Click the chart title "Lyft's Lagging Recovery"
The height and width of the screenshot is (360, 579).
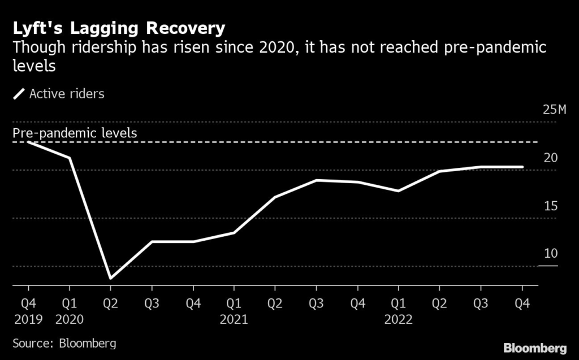(x=119, y=28)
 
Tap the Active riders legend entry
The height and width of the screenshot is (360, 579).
(x=59, y=94)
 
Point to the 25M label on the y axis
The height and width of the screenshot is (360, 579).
(x=554, y=110)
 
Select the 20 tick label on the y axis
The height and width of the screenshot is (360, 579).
(x=550, y=158)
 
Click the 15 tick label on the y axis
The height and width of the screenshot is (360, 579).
(x=550, y=206)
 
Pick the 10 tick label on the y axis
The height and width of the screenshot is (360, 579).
(x=550, y=253)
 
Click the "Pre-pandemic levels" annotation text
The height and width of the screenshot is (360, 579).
(x=75, y=133)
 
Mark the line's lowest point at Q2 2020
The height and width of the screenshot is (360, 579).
(x=110, y=278)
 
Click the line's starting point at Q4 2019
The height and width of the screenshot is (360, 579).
(x=28, y=142)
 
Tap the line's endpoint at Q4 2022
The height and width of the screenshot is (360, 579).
(x=522, y=167)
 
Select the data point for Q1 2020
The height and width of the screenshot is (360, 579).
(x=70, y=158)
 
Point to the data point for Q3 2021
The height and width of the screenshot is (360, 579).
(x=316, y=180)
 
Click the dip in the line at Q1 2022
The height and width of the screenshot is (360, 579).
(x=399, y=191)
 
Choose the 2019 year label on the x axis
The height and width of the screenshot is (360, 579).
(x=28, y=319)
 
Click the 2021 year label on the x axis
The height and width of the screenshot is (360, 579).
(x=234, y=319)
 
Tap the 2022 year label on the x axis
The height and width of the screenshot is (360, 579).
(x=399, y=319)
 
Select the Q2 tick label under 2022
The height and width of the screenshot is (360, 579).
(x=439, y=303)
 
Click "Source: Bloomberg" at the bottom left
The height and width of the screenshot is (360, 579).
(x=64, y=344)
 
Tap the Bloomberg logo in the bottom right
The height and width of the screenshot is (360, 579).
(x=535, y=346)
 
